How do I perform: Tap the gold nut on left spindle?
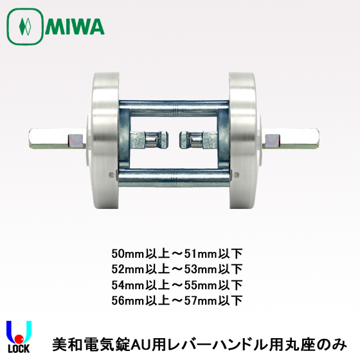[x=76, y=138]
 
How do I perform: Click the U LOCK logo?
[x=19, y=336]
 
